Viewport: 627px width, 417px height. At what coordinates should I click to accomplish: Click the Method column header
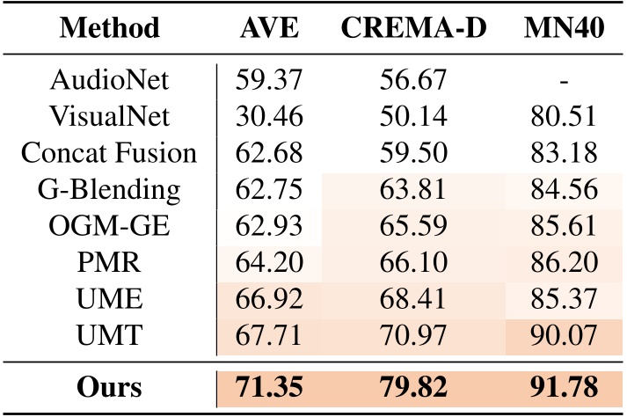[107, 28]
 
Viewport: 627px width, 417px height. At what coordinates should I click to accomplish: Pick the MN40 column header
[565, 28]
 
